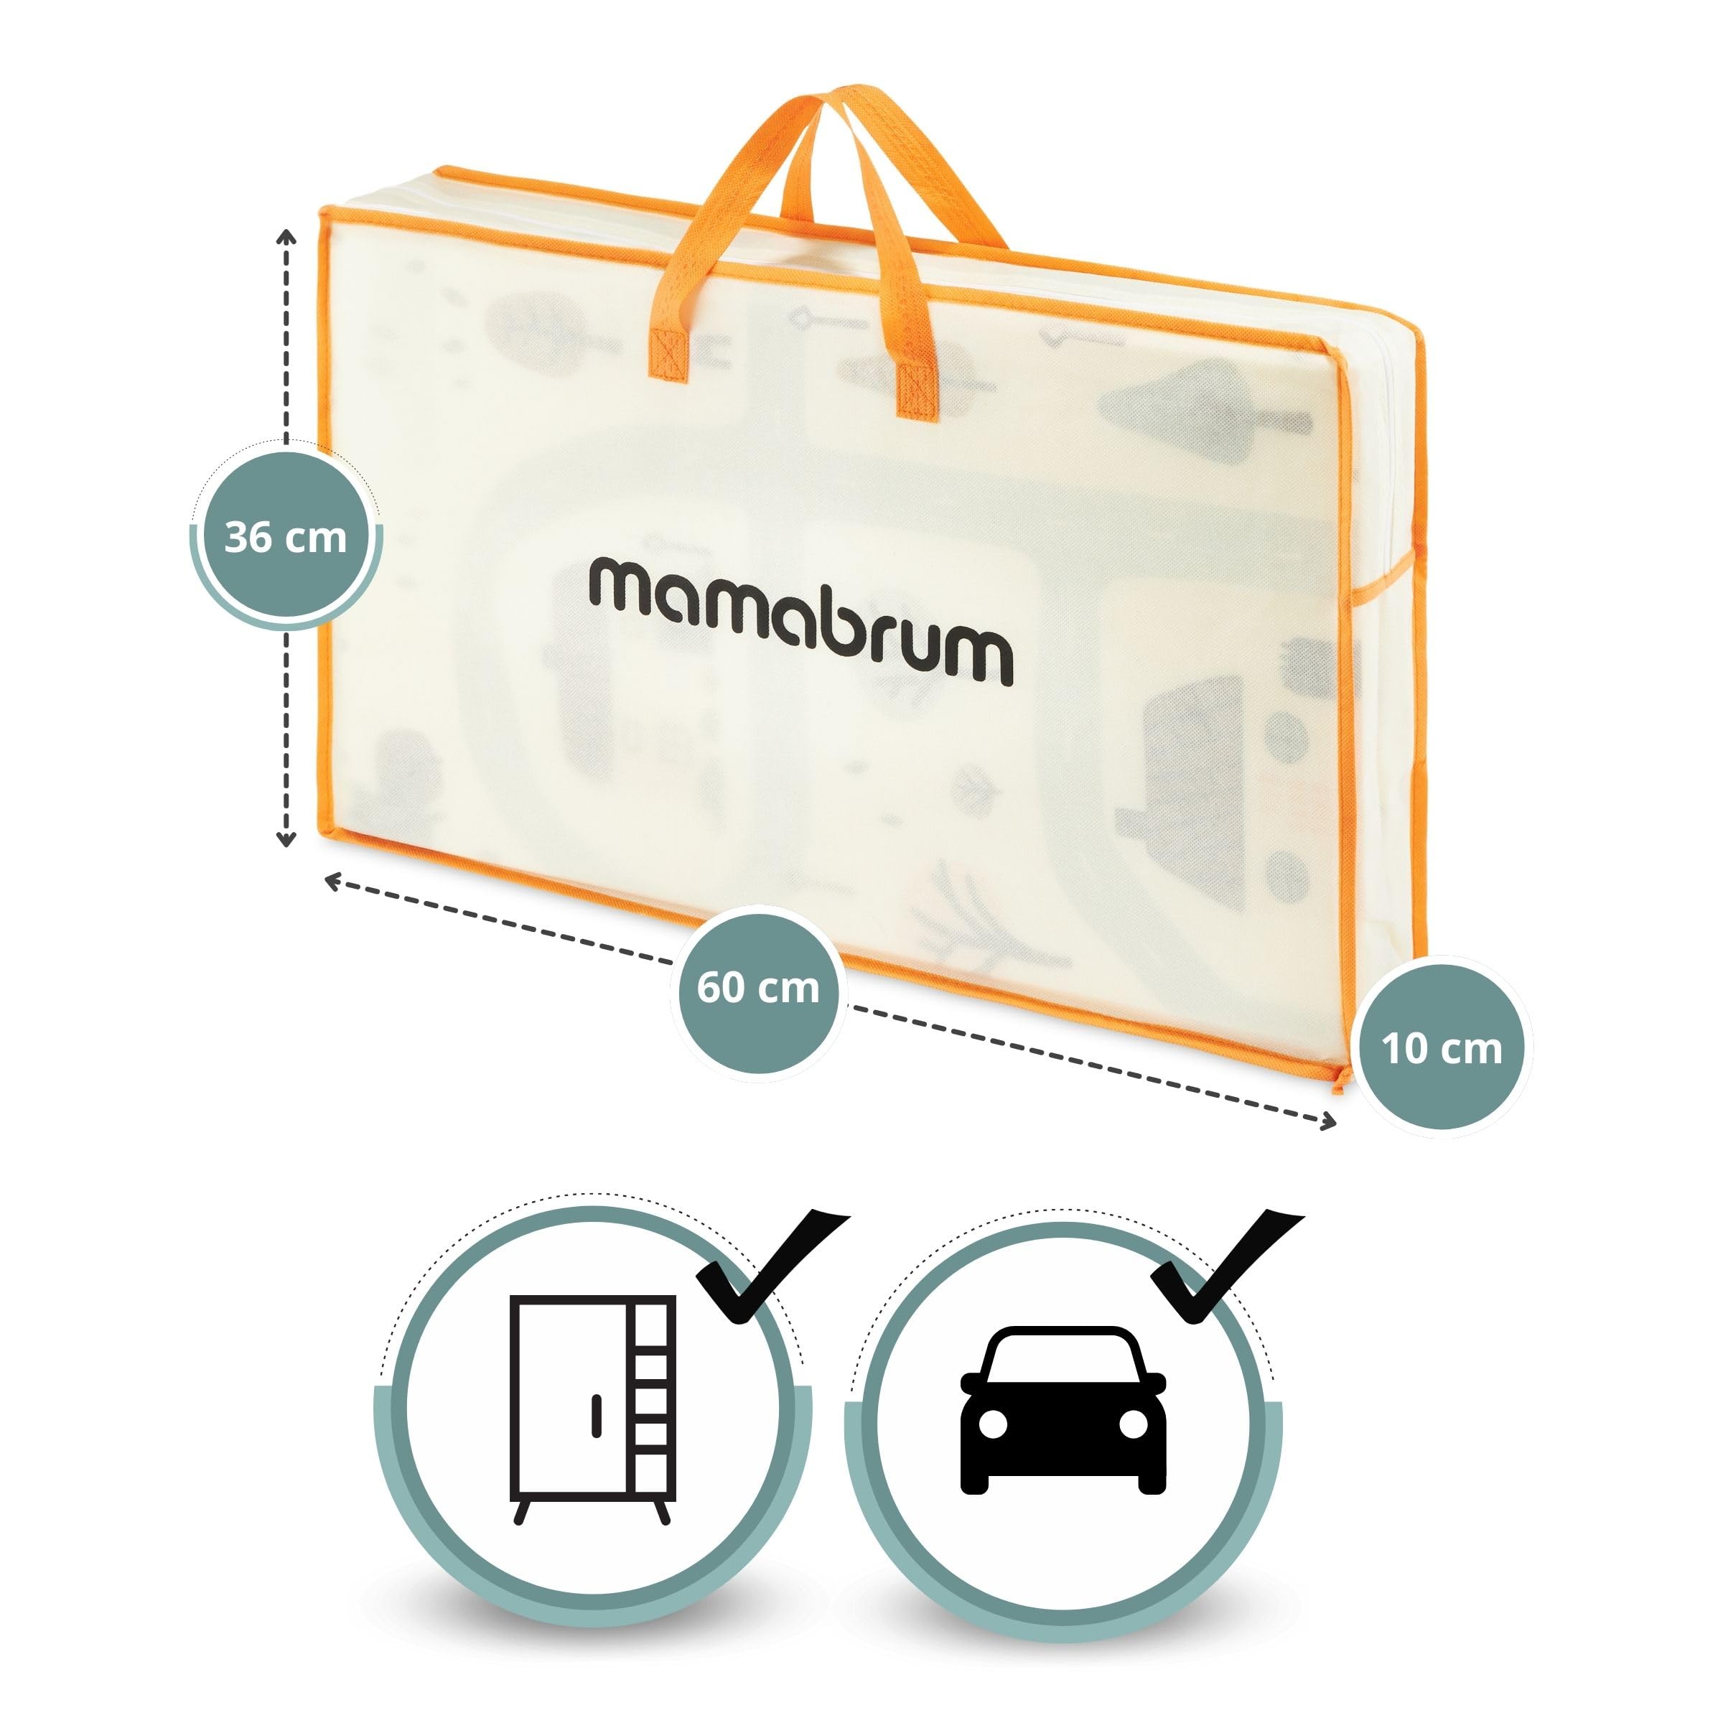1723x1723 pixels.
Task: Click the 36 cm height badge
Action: (x=286, y=538)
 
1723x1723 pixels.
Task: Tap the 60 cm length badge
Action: (x=757, y=988)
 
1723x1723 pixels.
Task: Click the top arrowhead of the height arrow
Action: (x=286, y=235)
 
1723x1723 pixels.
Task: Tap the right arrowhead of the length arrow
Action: (x=1329, y=1122)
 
